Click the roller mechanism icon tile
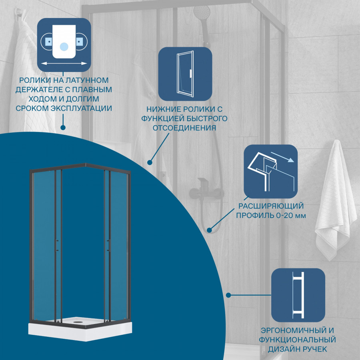tap(64, 45)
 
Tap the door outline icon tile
tap(185, 74)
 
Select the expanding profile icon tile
tap(271, 172)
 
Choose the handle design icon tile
tap(298, 295)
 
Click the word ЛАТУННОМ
tap(87, 80)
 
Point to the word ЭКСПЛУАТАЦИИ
tap(81, 108)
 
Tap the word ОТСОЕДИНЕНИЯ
tap(184, 128)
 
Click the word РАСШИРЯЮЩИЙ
tap(271, 206)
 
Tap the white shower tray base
tap(80, 328)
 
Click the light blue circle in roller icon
tap(64, 47)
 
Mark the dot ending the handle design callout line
tap(228, 295)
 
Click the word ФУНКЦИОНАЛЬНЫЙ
tap(298, 340)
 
